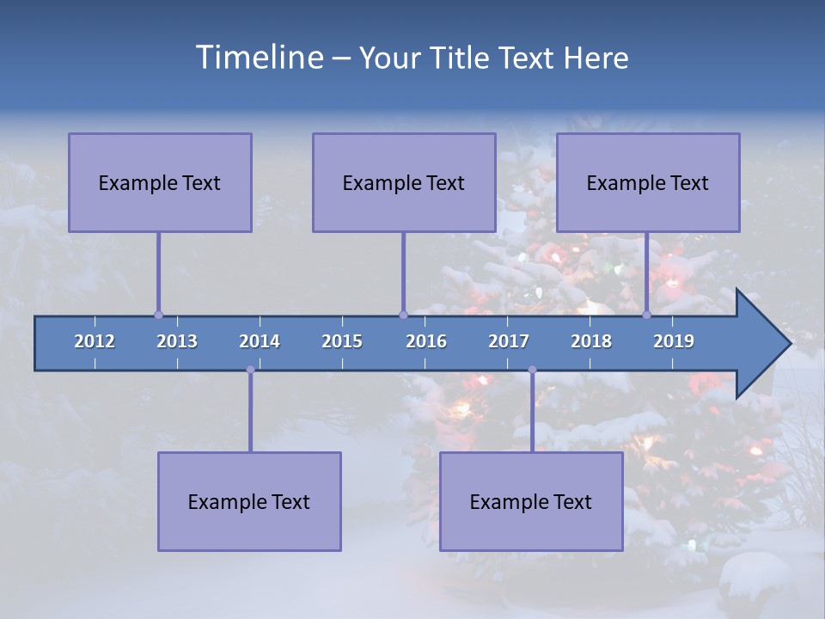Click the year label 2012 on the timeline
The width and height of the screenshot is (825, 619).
click(95, 341)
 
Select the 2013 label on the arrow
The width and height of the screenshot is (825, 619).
click(177, 341)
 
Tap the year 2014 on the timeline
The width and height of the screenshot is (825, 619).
click(260, 341)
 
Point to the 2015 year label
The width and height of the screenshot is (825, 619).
click(342, 341)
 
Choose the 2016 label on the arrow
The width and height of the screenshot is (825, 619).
click(426, 341)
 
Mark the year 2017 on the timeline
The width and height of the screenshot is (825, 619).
click(509, 341)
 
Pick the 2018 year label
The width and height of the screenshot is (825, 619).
click(591, 341)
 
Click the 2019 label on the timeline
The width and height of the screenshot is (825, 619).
click(674, 341)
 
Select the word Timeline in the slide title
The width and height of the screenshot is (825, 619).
click(258, 58)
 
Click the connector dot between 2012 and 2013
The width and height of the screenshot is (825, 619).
click(158, 315)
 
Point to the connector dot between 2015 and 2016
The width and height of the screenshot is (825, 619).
click(403, 315)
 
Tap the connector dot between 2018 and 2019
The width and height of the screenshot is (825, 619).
click(647, 315)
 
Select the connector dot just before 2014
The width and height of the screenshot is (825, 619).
click(250, 370)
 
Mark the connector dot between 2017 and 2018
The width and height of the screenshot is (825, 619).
click(532, 370)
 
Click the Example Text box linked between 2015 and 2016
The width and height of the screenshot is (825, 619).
click(404, 182)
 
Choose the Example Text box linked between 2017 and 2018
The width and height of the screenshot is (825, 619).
click(531, 501)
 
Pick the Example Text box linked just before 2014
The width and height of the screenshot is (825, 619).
click(249, 501)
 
